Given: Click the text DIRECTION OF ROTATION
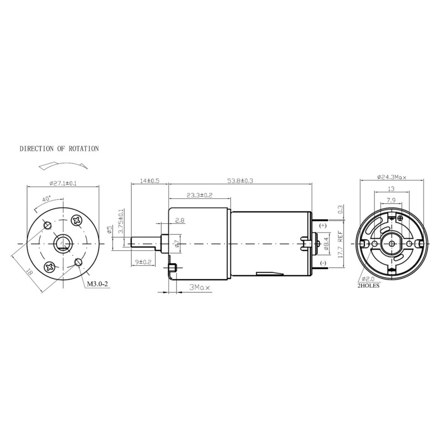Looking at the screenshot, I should (x=59, y=149).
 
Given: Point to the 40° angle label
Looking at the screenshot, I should (x=46, y=198).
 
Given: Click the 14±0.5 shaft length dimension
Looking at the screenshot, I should (x=150, y=181).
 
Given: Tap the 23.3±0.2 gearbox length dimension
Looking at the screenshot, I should (x=200, y=195).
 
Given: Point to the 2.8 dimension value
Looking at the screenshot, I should (x=179, y=221).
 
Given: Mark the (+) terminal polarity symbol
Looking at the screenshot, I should (x=324, y=226).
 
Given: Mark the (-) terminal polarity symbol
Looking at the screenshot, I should (x=324, y=262).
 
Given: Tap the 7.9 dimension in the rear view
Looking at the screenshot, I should (x=391, y=200).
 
